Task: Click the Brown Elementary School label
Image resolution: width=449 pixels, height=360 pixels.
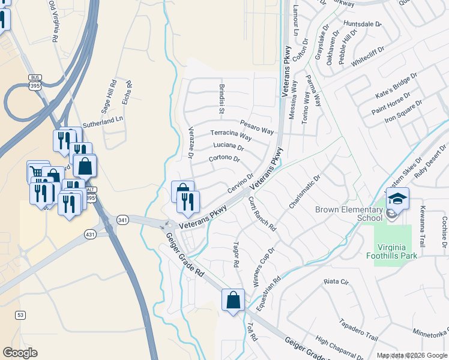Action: tap(349, 214)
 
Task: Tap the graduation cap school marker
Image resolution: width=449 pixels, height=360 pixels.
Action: tap(397, 199)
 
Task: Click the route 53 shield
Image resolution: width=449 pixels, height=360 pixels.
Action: tap(21, 314)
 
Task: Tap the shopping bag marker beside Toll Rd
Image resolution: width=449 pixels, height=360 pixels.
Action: tap(233, 300)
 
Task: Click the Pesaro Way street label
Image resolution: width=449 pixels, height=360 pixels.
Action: tap(257, 127)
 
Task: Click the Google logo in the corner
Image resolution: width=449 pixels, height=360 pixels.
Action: tap(20, 353)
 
